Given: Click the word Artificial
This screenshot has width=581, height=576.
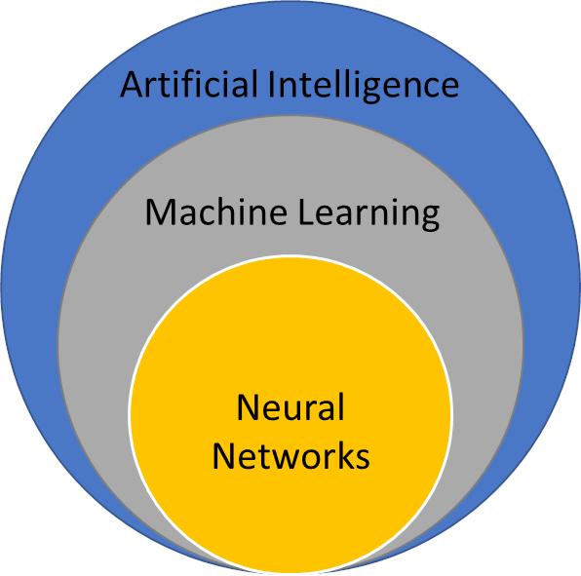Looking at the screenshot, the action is (189, 84).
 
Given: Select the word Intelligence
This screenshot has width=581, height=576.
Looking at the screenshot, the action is (364, 86).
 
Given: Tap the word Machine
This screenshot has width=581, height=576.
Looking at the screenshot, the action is (216, 211).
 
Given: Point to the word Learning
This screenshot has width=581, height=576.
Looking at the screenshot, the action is (368, 214).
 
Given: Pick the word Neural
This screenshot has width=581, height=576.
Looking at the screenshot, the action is (290, 406).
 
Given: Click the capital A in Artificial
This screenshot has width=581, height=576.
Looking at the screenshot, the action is (132, 85).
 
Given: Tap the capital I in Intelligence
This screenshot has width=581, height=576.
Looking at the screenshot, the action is (271, 85).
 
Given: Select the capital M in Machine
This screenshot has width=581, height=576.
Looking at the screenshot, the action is (161, 211).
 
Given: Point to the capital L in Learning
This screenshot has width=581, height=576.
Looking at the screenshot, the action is (306, 211).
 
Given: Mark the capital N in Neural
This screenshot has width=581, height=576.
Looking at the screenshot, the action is (249, 407).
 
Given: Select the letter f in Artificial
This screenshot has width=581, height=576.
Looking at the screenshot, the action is (182, 84).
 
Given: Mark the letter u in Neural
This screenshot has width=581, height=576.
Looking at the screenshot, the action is (298, 411).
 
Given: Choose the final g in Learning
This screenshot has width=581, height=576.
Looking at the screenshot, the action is (430, 219).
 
